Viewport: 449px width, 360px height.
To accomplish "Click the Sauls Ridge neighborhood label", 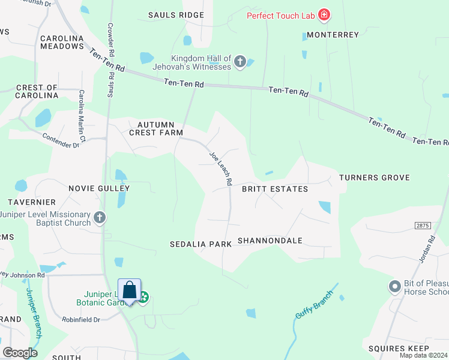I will coord(176,15).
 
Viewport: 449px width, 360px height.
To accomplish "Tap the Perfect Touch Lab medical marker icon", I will coord(324,15).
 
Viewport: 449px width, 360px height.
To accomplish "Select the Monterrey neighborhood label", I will coord(332,35).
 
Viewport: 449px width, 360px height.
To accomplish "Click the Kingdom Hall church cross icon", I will coord(240,61).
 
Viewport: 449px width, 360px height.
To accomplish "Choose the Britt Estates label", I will coord(274,189).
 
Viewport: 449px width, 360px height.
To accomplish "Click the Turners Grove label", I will coord(374,178).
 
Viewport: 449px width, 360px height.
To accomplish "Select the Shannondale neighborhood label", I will coord(270,241).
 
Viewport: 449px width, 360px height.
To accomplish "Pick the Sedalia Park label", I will coord(200,245).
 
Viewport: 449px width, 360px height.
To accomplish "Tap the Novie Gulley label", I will coord(98,188).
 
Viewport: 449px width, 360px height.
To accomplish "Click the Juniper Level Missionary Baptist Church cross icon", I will coord(100,217).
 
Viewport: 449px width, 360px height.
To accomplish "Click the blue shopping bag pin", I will coord(129,291).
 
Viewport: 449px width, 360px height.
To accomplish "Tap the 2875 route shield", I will coord(423,224).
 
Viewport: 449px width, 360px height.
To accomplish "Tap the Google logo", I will coord(20,353).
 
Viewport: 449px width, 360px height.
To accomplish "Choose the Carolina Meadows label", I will coord(62,42).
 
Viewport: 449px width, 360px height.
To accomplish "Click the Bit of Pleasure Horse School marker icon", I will coord(394,286).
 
